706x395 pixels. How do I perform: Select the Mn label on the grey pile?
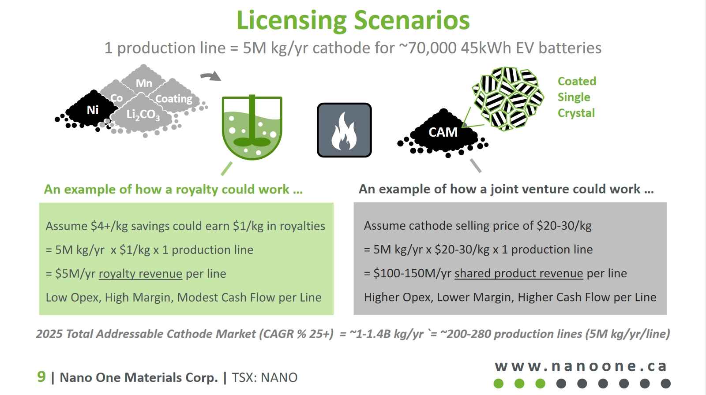[144, 83]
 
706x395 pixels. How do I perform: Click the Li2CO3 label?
[143, 115]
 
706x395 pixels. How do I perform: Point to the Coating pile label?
[174, 99]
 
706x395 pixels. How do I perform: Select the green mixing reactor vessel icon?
[252, 127]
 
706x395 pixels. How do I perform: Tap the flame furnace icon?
[344, 130]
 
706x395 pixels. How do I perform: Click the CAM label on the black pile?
[443, 132]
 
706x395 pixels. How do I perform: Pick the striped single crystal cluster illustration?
[507, 98]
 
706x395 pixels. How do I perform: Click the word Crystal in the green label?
[576, 113]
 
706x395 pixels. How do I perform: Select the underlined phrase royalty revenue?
[141, 274]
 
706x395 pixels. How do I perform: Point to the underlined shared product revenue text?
[519, 273]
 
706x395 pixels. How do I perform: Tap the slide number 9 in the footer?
[41, 376]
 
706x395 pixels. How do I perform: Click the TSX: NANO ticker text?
[265, 377]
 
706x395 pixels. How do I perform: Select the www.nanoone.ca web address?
[581, 366]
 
